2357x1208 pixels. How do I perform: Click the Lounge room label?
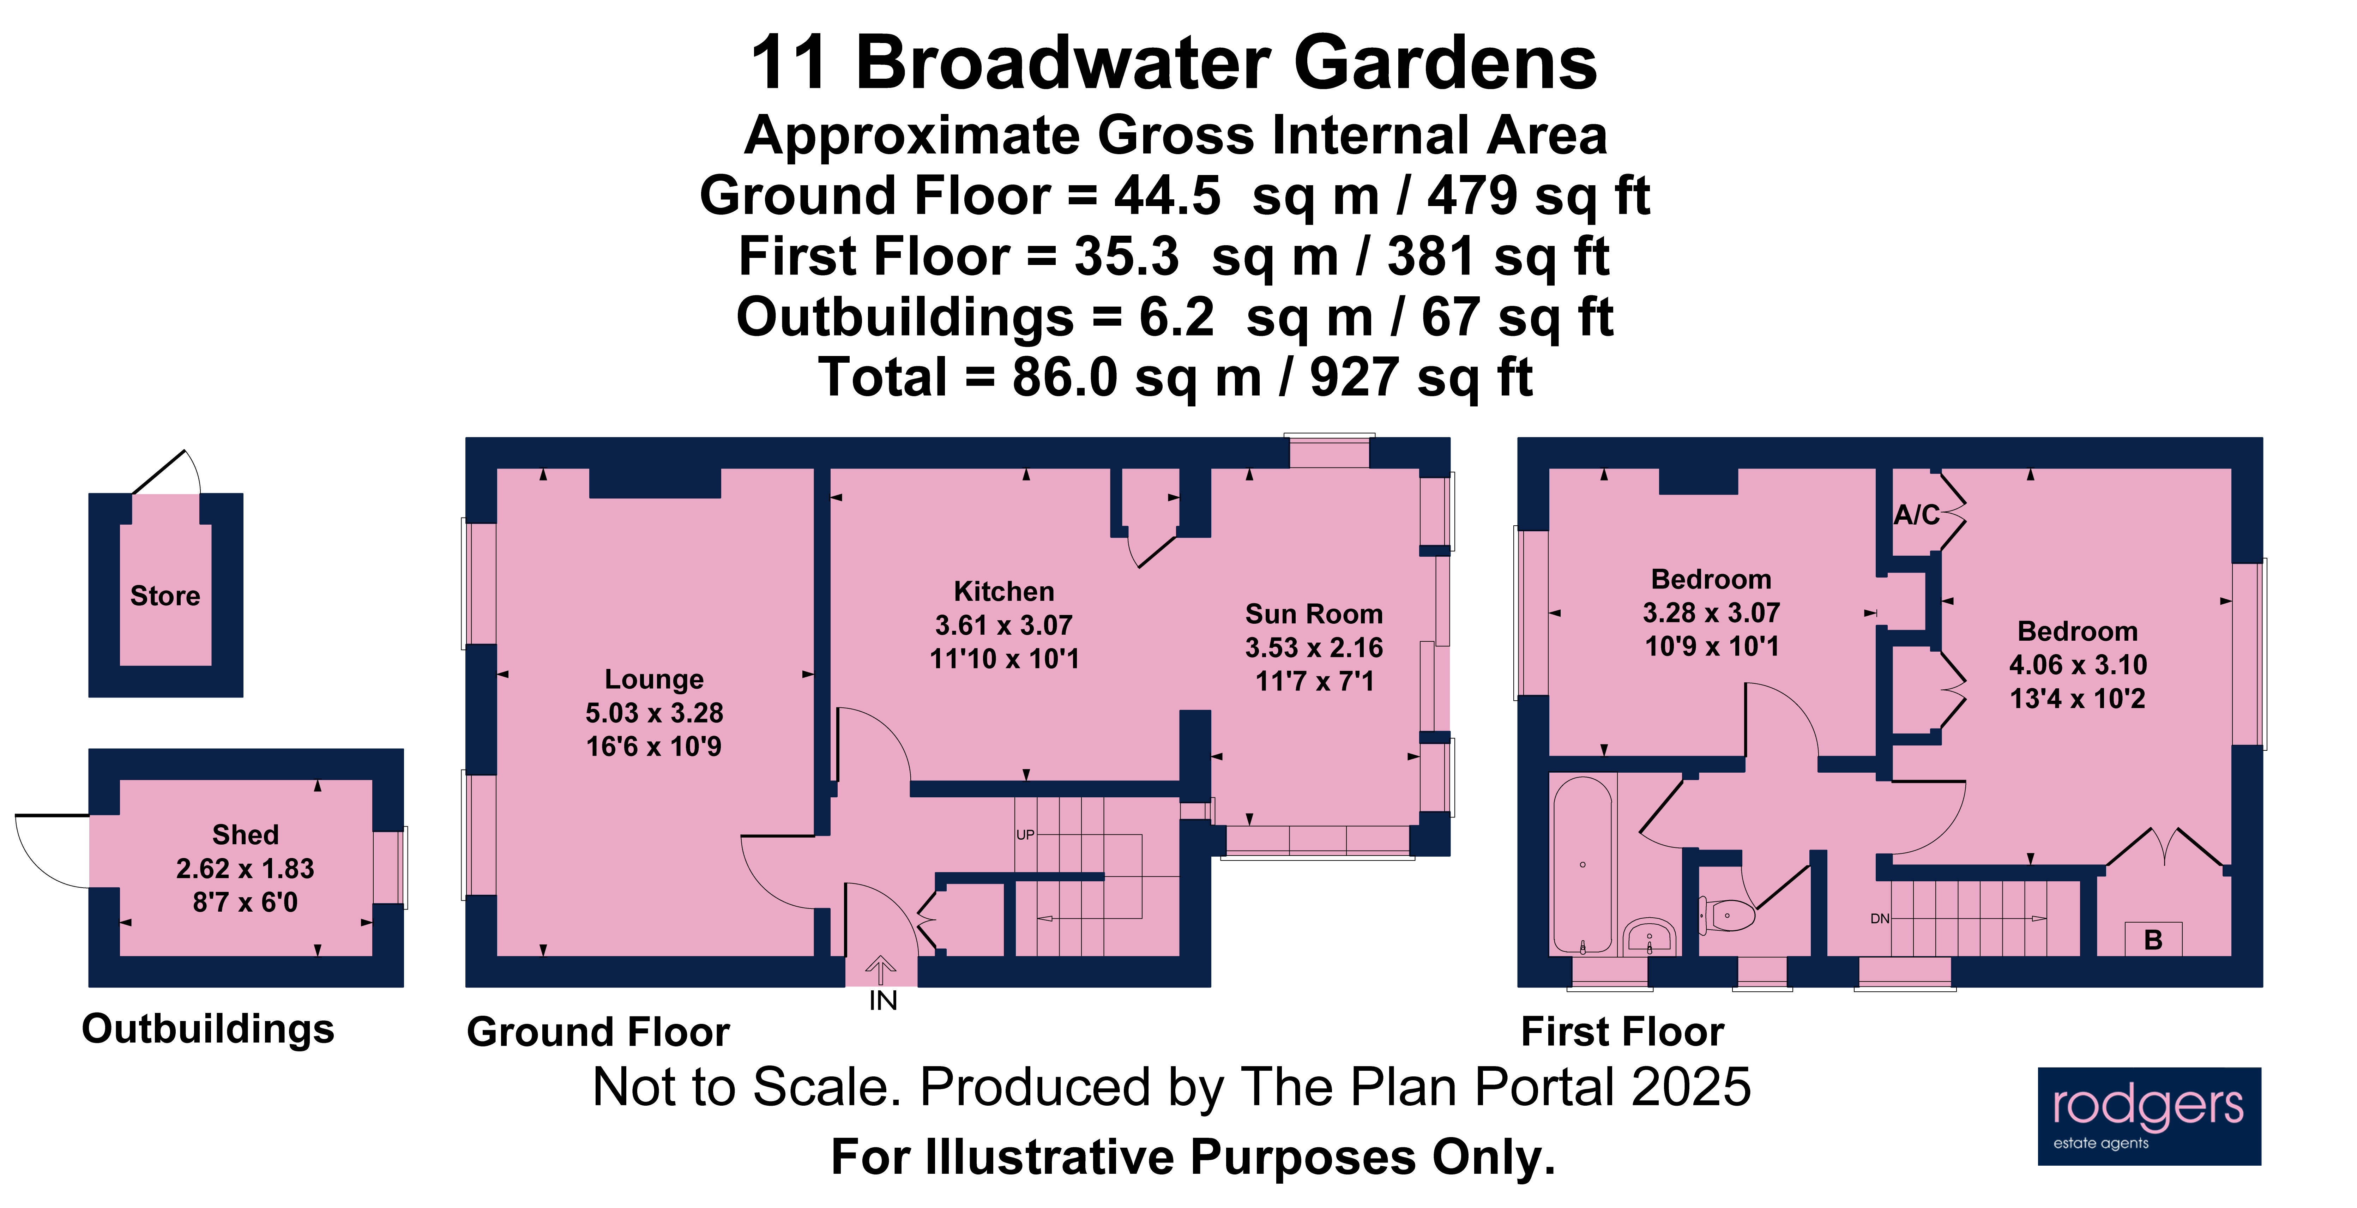(x=654, y=679)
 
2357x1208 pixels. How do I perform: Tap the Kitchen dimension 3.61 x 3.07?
(x=1004, y=625)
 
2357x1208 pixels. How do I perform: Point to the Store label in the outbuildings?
(x=165, y=596)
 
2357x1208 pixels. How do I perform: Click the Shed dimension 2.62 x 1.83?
(x=245, y=869)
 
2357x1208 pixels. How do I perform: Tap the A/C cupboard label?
(x=1916, y=515)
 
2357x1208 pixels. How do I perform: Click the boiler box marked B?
(x=2153, y=940)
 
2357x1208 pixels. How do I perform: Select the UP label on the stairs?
(x=1025, y=835)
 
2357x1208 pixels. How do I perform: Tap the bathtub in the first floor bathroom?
(x=1582, y=865)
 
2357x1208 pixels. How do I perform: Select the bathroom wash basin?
(x=1650, y=937)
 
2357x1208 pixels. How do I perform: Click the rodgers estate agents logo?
(x=2148, y=1116)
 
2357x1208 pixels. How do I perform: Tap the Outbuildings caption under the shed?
(x=209, y=1029)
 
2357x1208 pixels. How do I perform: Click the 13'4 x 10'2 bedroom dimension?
(x=2077, y=698)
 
